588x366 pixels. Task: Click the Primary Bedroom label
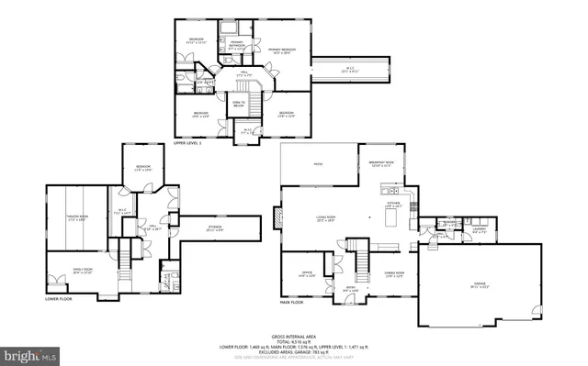[281, 50]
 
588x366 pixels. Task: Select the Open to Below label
[238, 104]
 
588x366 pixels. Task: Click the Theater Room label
[76, 218]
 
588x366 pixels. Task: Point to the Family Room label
[82, 271]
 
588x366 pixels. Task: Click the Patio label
[318, 165]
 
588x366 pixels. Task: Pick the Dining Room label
[393, 273]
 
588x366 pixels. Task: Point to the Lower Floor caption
[58, 299]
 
